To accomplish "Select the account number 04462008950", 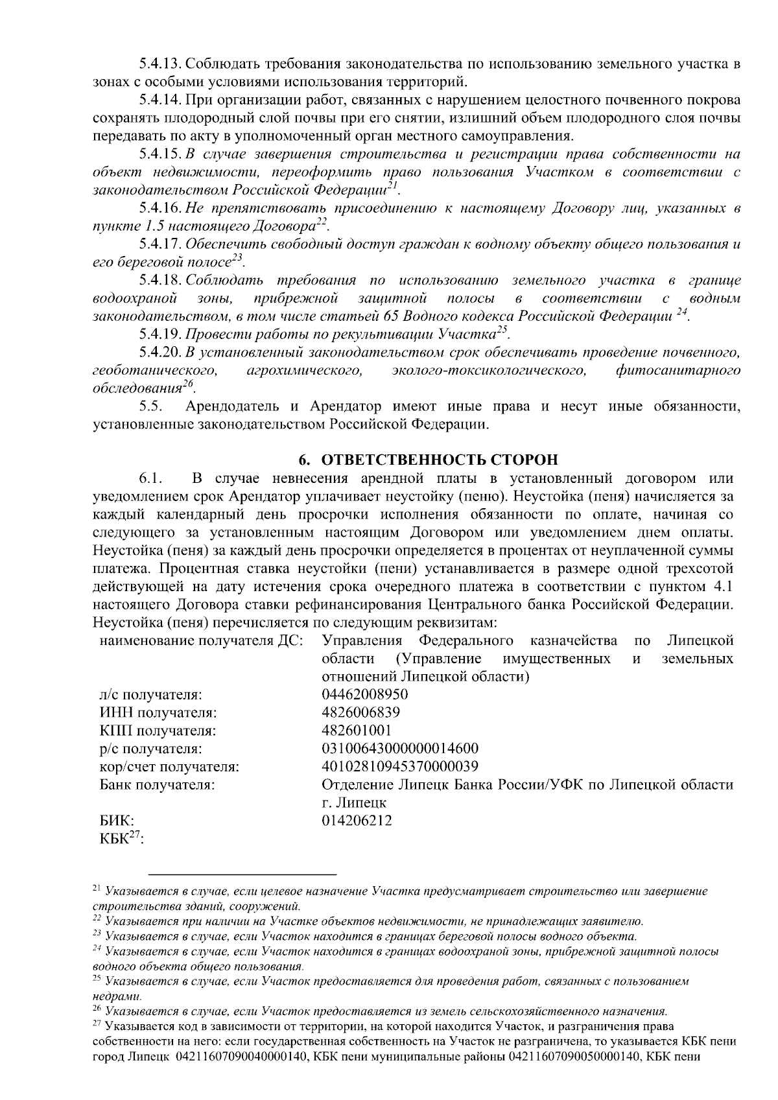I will click(x=365, y=694).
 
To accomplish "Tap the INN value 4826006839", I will click(x=360, y=712).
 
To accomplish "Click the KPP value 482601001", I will click(x=357, y=731).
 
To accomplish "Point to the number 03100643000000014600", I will click(x=400, y=749).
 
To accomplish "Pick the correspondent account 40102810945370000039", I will click(x=400, y=767).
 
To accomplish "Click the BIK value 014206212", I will click(x=357, y=821).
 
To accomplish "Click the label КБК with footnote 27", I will click(x=121, y=839).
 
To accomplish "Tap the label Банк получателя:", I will click(x=158, y=785).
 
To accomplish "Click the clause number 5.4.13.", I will click(x=161, y=64).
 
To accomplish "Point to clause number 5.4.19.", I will click(x=161, y=335).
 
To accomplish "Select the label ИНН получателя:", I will click(x=158, y=712).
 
